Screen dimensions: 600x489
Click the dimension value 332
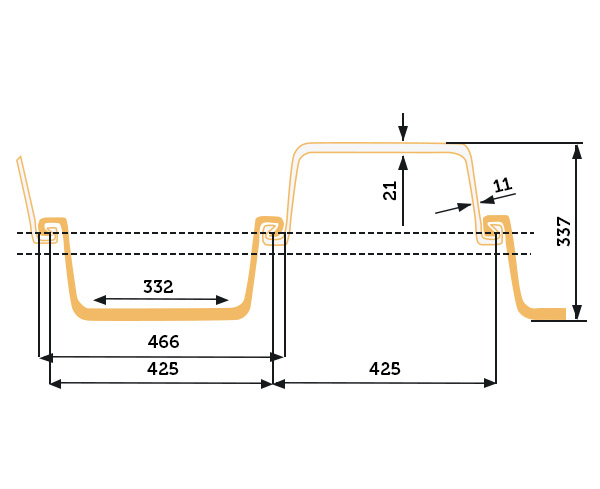click(x=158, y=286)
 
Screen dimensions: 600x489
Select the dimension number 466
click(x=163, y=341)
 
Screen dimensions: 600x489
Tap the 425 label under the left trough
click(x=163, y=368)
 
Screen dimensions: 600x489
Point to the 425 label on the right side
click(x=385, y=368)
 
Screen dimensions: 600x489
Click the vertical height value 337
click(x=564, y=231)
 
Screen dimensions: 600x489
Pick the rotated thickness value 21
click(x=390, y=191)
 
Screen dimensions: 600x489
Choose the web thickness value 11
click(x=502, y=185)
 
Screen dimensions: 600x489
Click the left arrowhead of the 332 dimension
click(x=99, y=300)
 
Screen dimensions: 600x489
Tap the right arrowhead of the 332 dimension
click(x=222, y=300)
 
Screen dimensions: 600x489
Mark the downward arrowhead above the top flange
click(x=403, y=135)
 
